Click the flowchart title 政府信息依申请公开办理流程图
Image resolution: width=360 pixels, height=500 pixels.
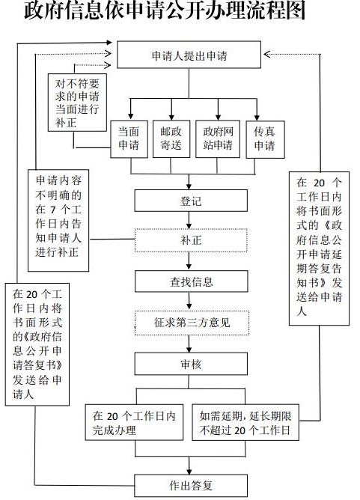click(x=165, y=10)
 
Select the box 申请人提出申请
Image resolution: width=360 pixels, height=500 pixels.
click(x=189, y=55)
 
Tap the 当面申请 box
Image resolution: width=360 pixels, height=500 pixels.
click(x=129, y=139)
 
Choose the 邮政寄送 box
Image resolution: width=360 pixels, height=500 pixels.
click(x=171, y=139)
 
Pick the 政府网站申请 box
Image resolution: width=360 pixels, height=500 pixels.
click(x=218, y=139)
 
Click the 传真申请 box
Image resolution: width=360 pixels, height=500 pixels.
click(x=265, y=139)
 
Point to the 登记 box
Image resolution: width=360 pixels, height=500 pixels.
click(x=191, y=201)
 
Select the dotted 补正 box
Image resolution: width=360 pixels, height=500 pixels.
click(x=191, y=240)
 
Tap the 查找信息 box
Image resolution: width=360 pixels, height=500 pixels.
click(x=192, y=281)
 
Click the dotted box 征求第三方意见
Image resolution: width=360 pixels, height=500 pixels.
click(x=192, y=323)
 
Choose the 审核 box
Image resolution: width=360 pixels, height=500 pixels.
click(x=191, y=364)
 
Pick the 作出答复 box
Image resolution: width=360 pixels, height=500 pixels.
click(x=191, y=485)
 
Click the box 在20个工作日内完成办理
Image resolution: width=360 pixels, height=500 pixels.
click(x=134, y=422)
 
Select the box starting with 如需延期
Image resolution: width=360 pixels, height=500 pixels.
click(x=245, y=422)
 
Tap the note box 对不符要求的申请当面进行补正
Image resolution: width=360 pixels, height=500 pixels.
click(x=77, y=103)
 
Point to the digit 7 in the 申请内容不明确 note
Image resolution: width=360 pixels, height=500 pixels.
click(x=53, y=210)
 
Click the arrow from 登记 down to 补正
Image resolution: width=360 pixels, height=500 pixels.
click(x=189, y=220)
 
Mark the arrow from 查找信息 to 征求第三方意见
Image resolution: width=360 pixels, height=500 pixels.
click(x=189, y=301)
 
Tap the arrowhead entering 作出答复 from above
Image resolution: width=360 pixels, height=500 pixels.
click(x=189, y=472)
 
